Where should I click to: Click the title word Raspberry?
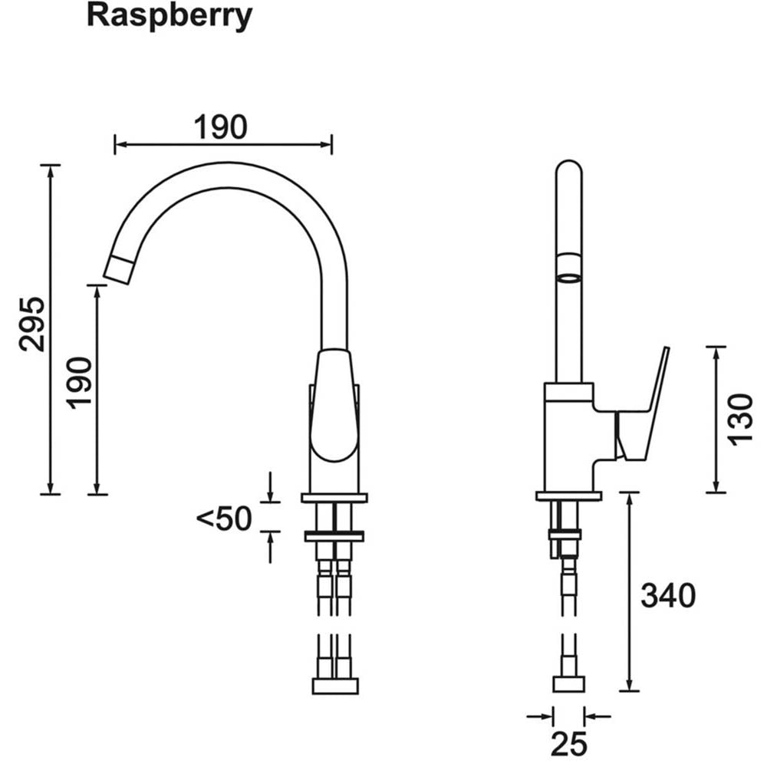click(x=169, y=16)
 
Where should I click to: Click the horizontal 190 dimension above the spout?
click(x=220, y=127)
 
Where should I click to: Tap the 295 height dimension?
click(x=32, y=323)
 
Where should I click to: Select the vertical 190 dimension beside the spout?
click(x=80, y=382)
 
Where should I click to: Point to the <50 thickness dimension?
click(x=224, y=519)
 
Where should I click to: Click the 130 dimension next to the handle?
click(x=741, y=419)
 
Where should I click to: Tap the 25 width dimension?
click(x=568, y=742)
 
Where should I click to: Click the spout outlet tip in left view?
click(x=120, y=269)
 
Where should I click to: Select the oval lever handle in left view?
click(x=334, y=407)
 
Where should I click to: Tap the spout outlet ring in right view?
click(x=568, y=277)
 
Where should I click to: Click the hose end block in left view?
click(x=335, y=686)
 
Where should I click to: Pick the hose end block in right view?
click(x=568, y=684)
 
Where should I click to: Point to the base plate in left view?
click(x=334, y=498)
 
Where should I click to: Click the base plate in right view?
click(x=568, y=496)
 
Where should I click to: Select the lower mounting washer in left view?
click(x=334, y=536)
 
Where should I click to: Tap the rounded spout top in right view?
click(x=568, y=170)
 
